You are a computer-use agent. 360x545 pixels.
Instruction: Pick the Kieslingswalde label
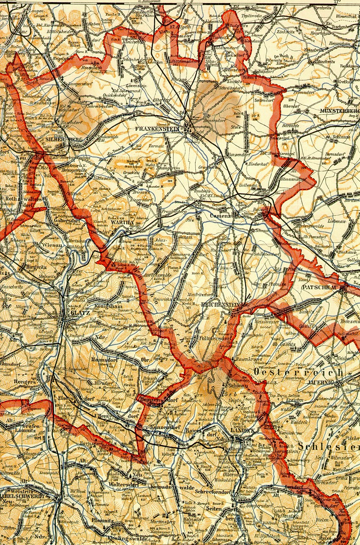pos(127,538)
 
